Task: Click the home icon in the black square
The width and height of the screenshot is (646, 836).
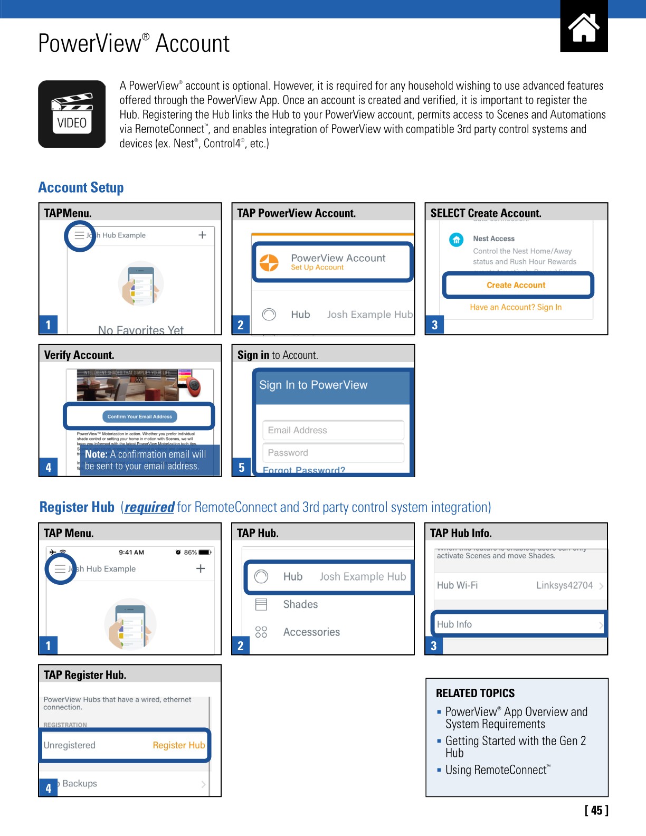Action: tap(584, 28)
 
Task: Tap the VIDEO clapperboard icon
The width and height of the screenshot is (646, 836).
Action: tap(72, 114)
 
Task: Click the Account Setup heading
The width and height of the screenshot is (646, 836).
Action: tap(81, 188)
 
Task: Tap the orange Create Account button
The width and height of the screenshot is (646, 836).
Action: tap(516, 285)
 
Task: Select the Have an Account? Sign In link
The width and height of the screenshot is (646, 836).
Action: tap(516, 307)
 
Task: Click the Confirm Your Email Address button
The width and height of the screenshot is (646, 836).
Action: tap(139, 416)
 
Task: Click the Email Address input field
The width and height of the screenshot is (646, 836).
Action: tap(333, 430)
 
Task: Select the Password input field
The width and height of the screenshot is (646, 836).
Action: tap(333, 453)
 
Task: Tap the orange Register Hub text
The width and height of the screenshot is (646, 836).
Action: tap(178, 745)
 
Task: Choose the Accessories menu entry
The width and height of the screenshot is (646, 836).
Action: tap(311, 632)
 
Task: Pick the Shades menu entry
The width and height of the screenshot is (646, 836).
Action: tap(300, 604)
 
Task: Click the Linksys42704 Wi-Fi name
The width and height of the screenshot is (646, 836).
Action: tap(564, 585)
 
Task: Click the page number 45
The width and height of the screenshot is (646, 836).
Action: tap(596, 810)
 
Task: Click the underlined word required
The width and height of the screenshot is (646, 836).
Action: tap(149, 507)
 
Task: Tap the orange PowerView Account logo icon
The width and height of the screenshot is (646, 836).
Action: tap(269, 262)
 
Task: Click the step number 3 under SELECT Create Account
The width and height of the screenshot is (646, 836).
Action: tap(434, 325)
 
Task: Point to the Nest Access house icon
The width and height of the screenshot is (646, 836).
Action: tap(456, 240)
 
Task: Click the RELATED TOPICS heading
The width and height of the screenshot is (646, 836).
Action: tap(475, 693)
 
